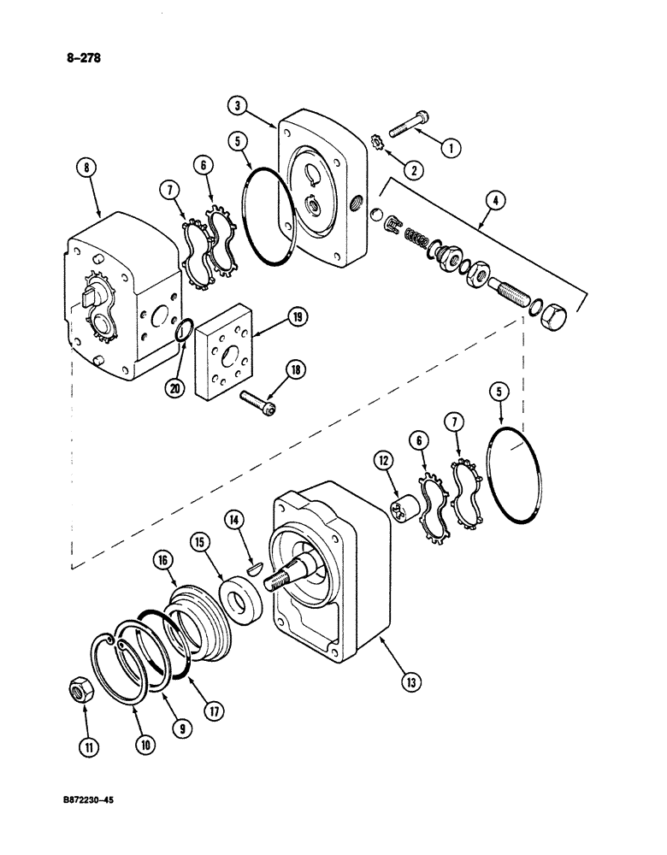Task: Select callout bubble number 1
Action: click(451, 146)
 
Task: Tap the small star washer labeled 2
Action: click(376, 141)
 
